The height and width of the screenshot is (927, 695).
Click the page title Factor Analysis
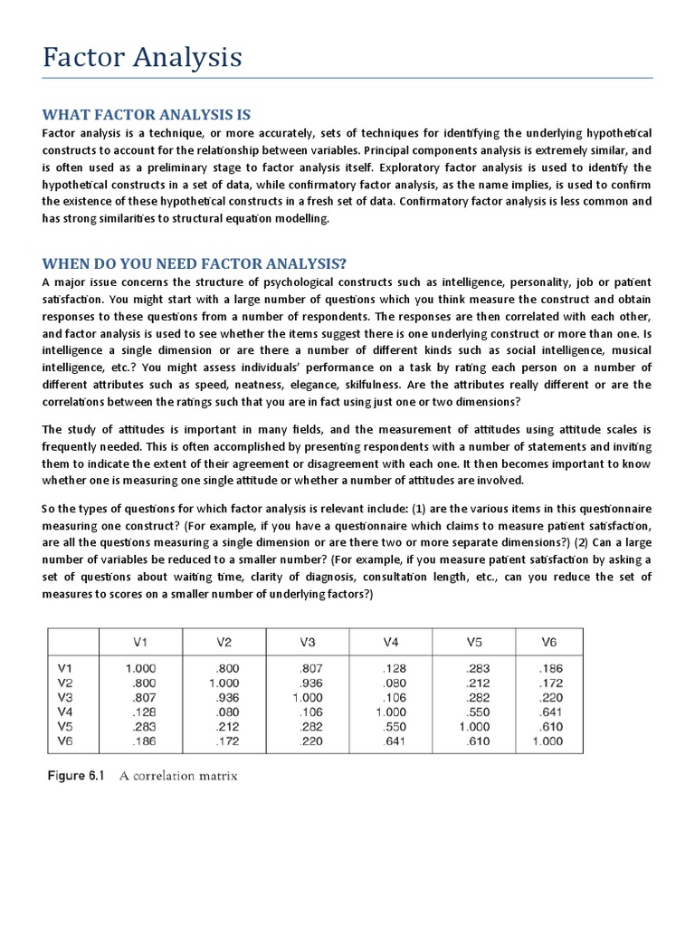pyautogui.click(x=142, y=58)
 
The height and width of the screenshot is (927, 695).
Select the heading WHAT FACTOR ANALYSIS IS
pyautogui.click(x=147, y=114)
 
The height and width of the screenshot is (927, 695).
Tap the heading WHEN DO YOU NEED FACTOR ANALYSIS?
pyautogui.click(x=195, y=263)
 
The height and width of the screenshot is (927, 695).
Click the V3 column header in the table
pyautogui.click(x=307, y=642)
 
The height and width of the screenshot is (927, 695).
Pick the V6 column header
pyautogui.click(x=548, y=642)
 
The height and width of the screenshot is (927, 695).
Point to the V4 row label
pyautogui.click(x=65, y=712)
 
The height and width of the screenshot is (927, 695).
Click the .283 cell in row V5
pyautogui.click(x=145, y=727)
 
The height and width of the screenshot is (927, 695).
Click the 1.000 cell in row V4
pyautogui.click(x=391, y=712)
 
